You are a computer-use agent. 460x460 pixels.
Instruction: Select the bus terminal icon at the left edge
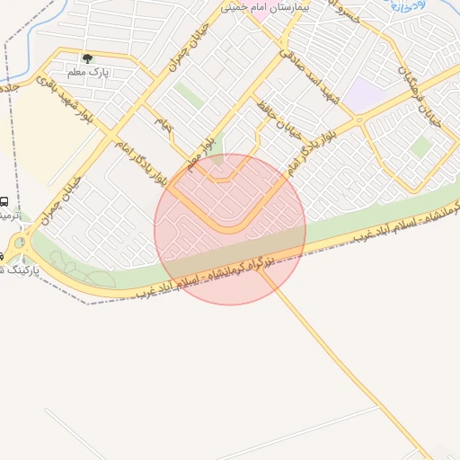[4, 202]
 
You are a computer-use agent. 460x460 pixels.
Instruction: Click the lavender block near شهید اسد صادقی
[362, 94]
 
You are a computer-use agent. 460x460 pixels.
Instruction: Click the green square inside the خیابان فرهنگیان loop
[420, 146]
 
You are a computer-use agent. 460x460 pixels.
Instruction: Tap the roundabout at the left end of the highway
[20, 242]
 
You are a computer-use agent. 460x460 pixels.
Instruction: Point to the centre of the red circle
[230, 229]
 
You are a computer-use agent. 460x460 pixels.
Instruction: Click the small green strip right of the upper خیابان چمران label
[188, 94]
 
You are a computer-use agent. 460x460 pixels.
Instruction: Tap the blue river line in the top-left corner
[36, 31]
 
